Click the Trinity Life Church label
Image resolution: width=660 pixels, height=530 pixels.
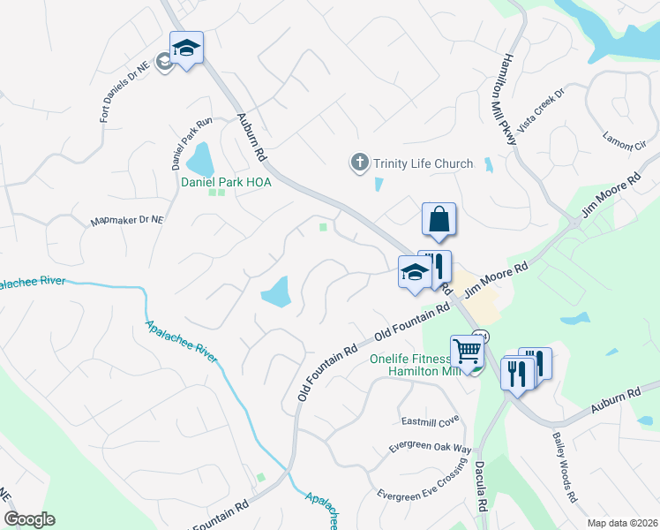click(x=423, y=163)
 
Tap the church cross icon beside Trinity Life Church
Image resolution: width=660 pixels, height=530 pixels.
click(x=359, y=163)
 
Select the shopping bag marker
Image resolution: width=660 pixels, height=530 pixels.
click(x=439, y=220)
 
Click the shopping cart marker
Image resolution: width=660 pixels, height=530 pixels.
click(x=467, y=351)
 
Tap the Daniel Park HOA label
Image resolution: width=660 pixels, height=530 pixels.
click(x=226, y=182)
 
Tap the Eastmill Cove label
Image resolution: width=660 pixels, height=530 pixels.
click(x=431, y=420)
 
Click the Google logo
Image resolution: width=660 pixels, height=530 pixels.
click(x=28, y=519)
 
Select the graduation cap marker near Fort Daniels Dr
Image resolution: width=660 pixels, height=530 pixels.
click(x=187, y=48)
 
